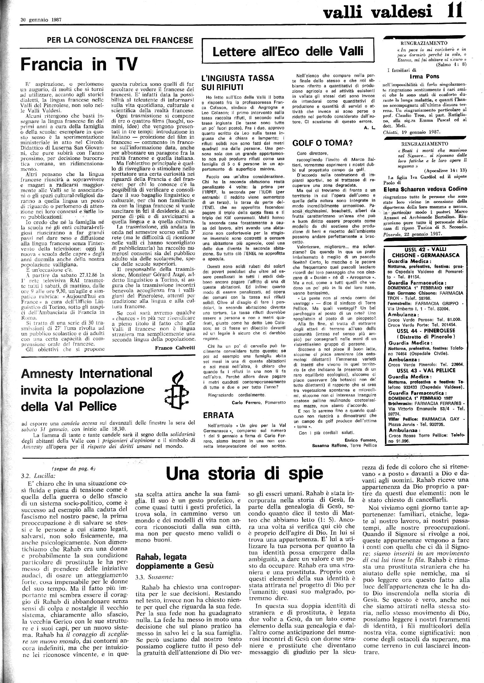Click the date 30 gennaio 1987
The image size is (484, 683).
[41, 19]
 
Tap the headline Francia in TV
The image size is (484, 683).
[79, 65]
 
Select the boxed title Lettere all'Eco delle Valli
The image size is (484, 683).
[288, 51]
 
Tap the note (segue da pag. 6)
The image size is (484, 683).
[74, 469]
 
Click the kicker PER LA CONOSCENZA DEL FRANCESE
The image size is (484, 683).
[120, 40]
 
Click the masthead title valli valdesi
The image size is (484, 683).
[373, 13]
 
